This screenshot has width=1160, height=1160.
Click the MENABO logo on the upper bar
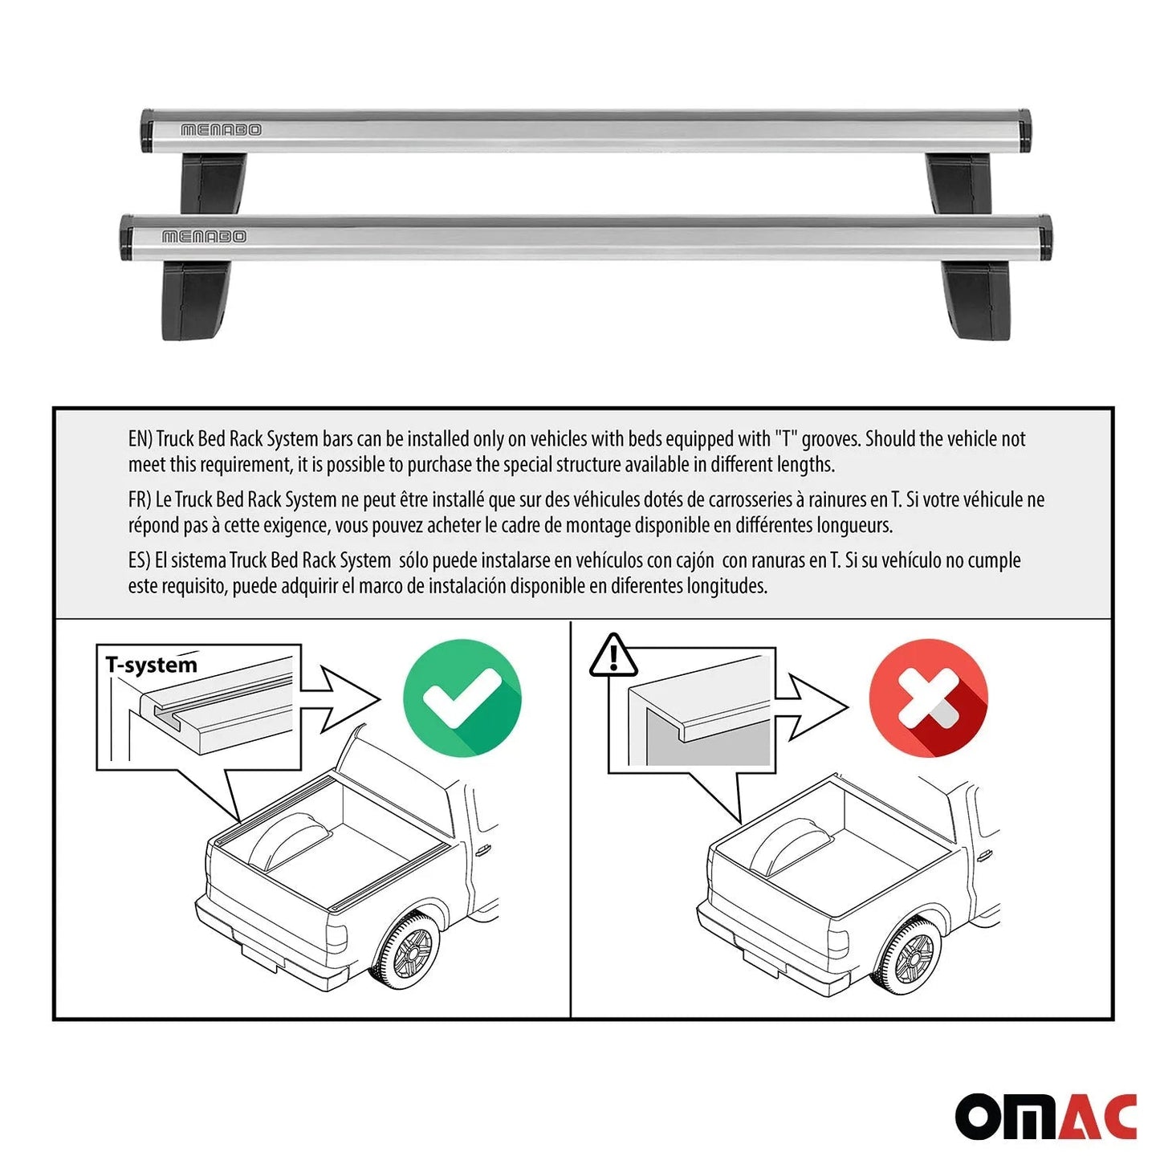(x=221, y=129)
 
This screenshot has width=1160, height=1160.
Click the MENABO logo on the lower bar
(x=204, y=236)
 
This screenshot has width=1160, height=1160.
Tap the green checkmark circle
(x=462, y=697)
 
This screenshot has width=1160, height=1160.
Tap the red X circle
(x=928, y=697)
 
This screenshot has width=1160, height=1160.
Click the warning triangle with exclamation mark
(x=613, y=656)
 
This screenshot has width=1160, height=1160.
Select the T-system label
(x=151, y=665)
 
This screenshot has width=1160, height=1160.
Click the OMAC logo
(x=1045, y=1116)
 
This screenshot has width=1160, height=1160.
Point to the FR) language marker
(x=140, y=499)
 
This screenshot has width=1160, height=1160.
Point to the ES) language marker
(x=139, y=560)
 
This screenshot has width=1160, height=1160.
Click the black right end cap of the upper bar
(x=1024, y=132)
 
